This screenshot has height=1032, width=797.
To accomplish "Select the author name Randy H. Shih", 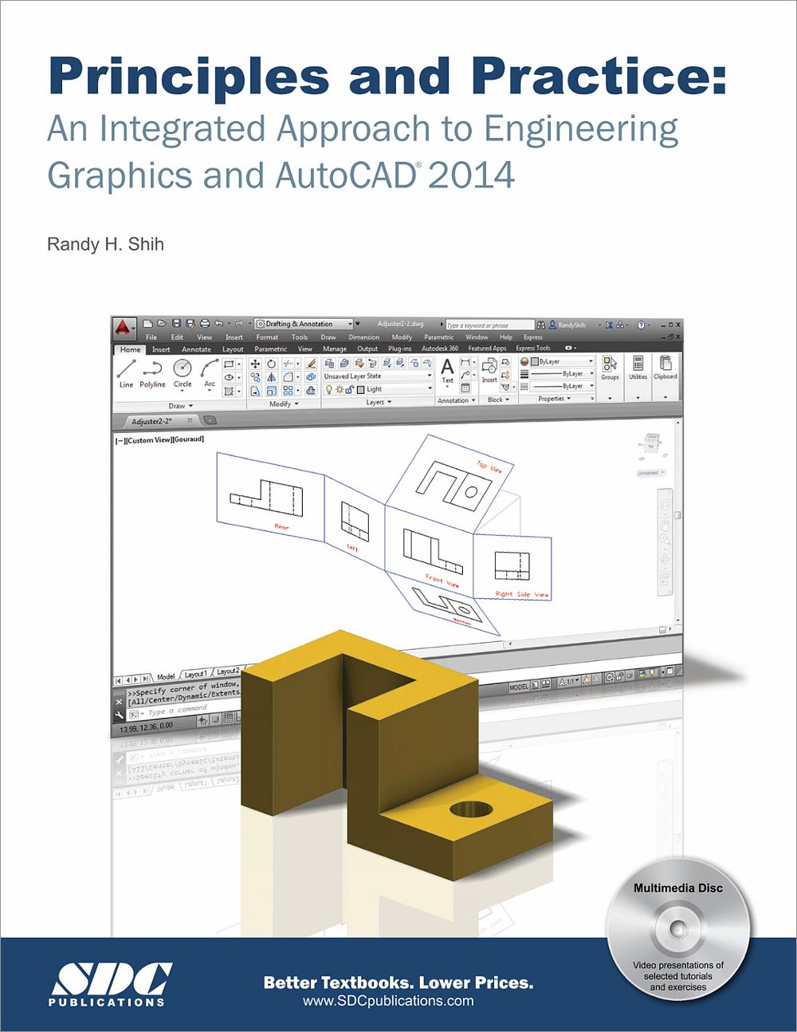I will (105, 244).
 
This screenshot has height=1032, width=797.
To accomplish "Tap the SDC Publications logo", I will (107, 983).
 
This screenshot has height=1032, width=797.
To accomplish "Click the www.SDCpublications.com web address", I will (388, 1001).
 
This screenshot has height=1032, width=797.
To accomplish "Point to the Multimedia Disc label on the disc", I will (678, 888).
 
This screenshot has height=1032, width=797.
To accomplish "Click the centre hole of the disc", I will (678, 928).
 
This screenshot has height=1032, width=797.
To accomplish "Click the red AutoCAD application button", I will (124, 327).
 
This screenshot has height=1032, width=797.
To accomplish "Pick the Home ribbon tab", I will (130, 349).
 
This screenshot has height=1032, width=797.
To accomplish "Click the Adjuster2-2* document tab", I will (152, 420).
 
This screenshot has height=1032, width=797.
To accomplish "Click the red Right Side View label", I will (522, 594).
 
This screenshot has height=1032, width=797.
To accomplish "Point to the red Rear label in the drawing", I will (282, 527).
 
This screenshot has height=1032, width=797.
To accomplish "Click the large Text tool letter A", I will (447, 367).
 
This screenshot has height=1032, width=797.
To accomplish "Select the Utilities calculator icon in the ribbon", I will (638, 364).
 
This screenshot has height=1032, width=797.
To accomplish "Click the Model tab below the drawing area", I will (166, 676).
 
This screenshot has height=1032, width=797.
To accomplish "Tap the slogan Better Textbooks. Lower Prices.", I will (398, 983).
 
